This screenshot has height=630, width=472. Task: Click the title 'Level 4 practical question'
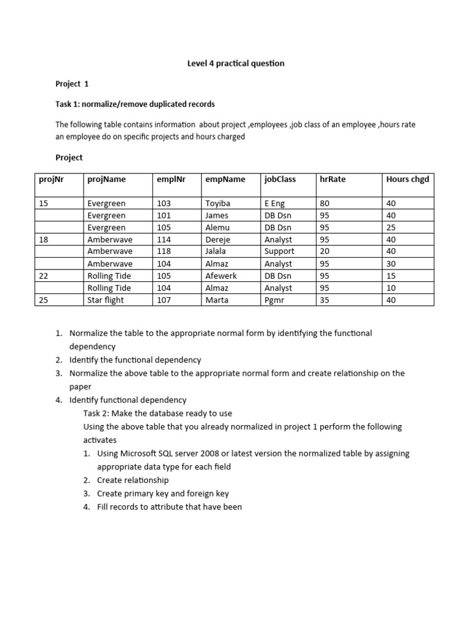(236, 63)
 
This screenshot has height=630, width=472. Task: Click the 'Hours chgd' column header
(407, 179)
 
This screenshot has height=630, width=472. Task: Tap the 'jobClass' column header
(280, 179)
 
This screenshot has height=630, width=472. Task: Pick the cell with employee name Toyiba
(217, 203)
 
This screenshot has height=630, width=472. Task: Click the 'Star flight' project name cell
(106, 300)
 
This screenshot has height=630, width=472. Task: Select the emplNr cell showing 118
(164, 252)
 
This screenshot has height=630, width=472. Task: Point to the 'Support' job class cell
(279, 252)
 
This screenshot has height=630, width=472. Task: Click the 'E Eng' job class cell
(275, 203)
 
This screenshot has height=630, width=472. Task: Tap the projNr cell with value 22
(44, 276)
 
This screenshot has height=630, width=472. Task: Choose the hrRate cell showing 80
(325, 203)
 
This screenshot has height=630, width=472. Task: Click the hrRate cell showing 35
(325, 300)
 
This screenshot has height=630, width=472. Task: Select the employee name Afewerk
(221, 276)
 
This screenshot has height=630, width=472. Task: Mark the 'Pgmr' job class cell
(274, 300)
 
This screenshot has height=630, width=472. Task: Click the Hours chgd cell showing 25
(391, 228)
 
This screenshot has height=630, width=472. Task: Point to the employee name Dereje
(217, 240)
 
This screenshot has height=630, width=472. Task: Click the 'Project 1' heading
(72, 84)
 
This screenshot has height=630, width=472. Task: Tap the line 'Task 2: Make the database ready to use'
(158, 413)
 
